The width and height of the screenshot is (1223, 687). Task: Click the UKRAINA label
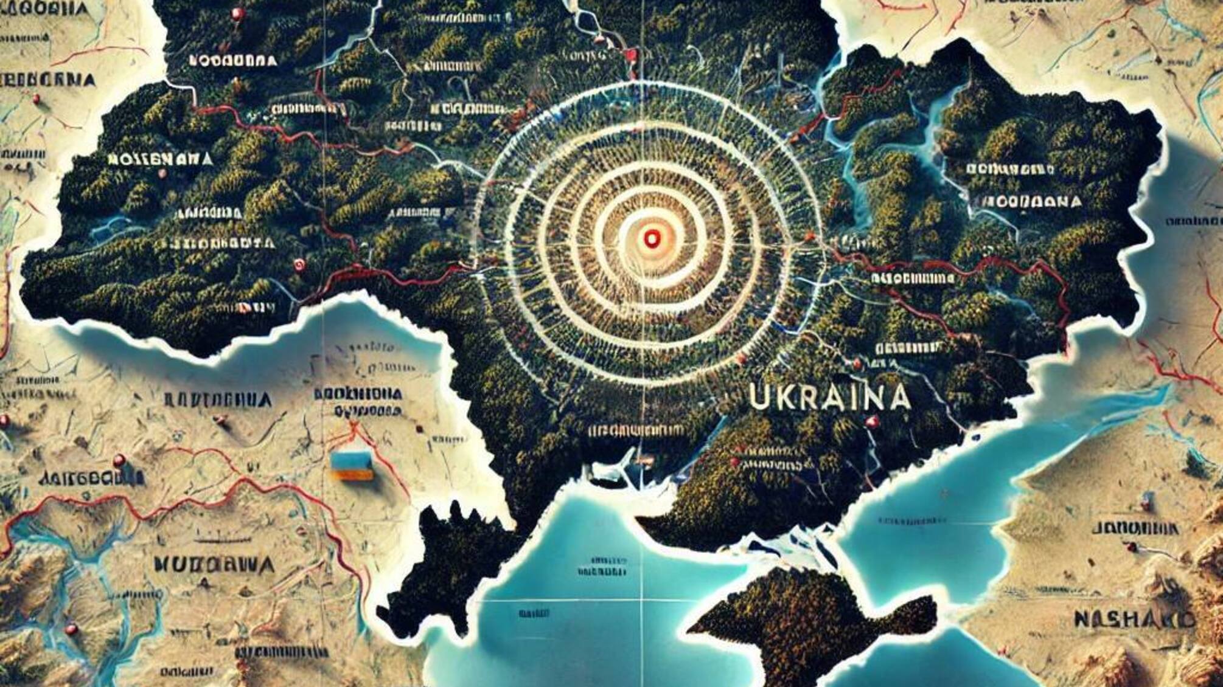point(829,397)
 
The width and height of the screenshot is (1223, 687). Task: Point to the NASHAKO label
point(1133,620)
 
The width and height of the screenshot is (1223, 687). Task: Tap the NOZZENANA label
point(160,159)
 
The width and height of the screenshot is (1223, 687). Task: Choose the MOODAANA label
point(1031,201)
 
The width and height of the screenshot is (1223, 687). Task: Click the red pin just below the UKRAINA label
point(873,421)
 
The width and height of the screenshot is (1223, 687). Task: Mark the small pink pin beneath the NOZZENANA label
point(162,174)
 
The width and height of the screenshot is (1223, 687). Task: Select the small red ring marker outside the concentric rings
point(298,264)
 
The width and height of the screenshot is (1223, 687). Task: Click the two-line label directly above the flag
point(358,402)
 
